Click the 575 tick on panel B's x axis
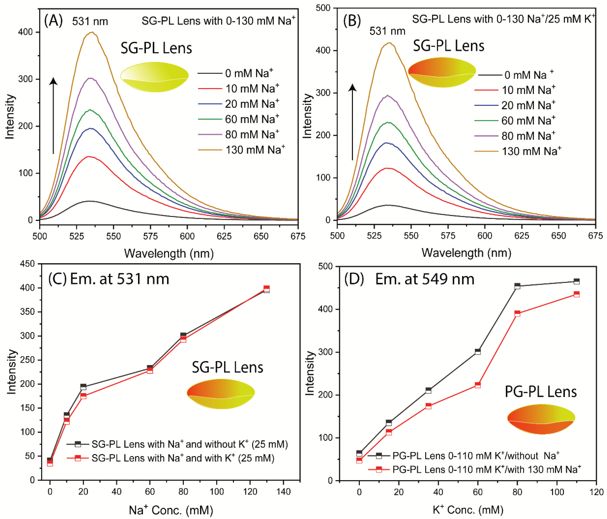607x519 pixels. pos(448,236)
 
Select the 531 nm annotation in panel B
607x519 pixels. pos(387,31)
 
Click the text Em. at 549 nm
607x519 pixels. pos(425,279)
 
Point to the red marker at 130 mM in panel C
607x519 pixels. pos(266,288)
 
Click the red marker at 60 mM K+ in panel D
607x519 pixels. pos(478,385)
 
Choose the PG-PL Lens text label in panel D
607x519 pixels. pos(541,392)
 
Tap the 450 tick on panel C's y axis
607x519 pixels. pos(27,264)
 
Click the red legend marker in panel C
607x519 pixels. pos(78,458)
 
